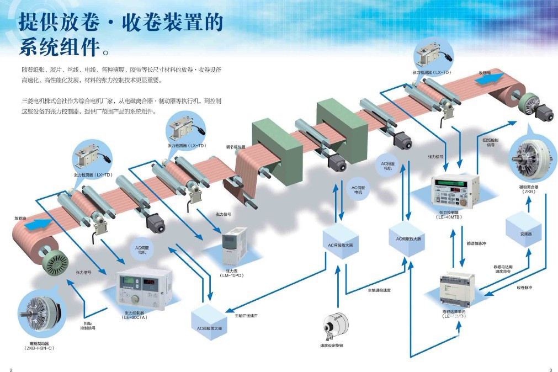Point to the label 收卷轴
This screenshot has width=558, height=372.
[x=485, y=72]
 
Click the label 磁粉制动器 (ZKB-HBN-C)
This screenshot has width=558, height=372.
[x=38, y=346]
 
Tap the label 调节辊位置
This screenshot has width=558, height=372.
[x=236, y=147]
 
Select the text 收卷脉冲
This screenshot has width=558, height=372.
[x=524, y=288]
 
